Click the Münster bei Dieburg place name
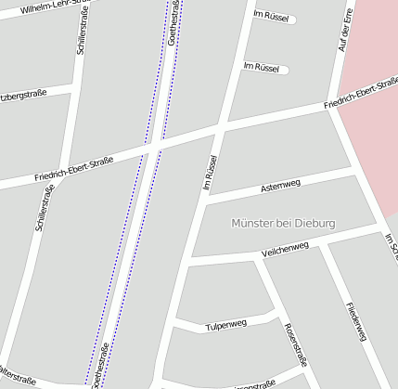283,224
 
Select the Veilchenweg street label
284,249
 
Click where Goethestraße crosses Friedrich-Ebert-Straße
154,144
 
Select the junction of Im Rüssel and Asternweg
205,199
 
